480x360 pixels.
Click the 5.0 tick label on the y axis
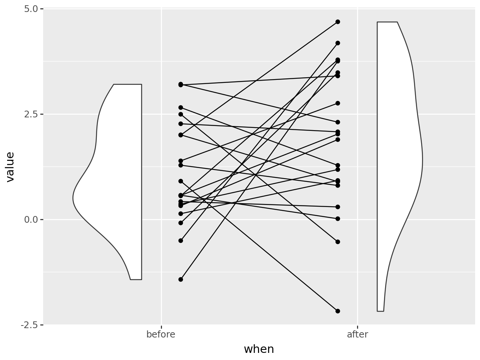(31, 9)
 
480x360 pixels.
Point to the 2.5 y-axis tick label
(31, 114)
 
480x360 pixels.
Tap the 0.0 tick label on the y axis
(31, 220)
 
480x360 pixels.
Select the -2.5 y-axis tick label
(29, 325)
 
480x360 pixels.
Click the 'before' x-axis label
(161, 334)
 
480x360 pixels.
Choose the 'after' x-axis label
(357, 334)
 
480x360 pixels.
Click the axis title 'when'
(259, 349)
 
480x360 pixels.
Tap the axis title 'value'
(10, 167)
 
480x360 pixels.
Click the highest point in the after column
(337, 22)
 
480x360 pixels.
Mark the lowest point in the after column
(337, 311)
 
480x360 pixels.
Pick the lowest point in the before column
(181, 279)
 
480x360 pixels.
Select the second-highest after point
(337, 43)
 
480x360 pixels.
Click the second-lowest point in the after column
(337, 242)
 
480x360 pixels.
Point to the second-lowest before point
(181, 241)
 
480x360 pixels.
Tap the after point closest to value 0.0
(337, 219)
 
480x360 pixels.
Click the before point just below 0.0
(181, 223)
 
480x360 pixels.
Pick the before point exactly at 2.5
(181, 114)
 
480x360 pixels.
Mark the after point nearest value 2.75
(337, 103)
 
